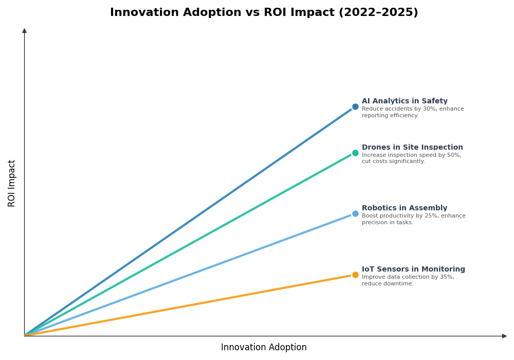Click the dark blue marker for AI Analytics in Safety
[355, 107]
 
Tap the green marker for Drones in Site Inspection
[355, 153]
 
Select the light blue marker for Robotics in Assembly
[355, 213]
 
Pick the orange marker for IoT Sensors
[355, 275]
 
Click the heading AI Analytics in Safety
[405, 101]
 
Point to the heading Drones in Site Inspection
[412, 148]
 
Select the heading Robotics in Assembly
[405, 208]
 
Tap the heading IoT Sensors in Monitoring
[413, 269]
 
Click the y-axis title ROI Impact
[12, 183]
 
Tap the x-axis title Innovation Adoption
[264, 348]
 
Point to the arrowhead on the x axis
[505, 336]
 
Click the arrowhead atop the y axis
[24, 31]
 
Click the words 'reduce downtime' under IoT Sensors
[387, 284]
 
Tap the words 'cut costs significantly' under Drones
[393, 161]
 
